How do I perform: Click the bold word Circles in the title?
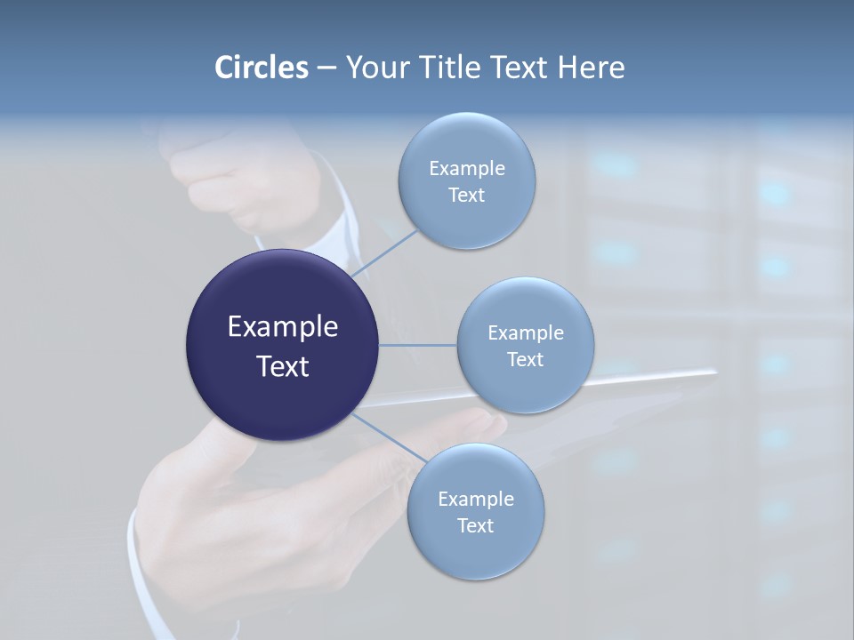[x=261, y=68]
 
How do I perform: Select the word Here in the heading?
[x=592, y=68]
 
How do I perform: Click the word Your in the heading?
[x=377, y=68]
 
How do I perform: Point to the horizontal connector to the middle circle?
[x=418, y=345]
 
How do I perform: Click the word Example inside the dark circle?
[x=283, y=327]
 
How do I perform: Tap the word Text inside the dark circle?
[x=283, y=366]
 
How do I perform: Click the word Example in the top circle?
[x=467, y=168]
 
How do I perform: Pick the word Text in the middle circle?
[x=525, y=359]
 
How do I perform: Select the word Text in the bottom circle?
[x=475, y=525]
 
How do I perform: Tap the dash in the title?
[x=326, y=68]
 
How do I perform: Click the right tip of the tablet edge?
[x=713, y=373]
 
